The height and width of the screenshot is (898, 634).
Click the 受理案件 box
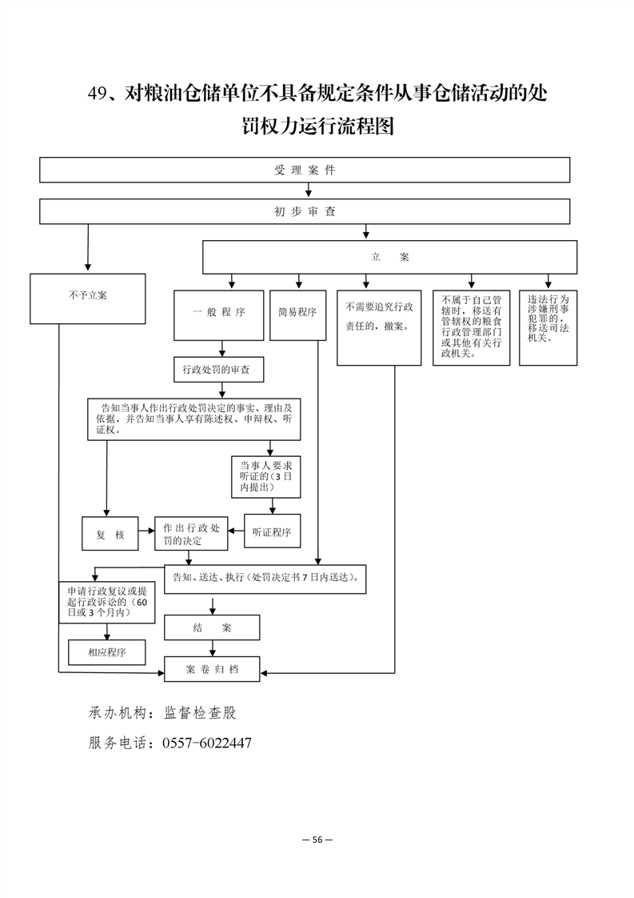305,170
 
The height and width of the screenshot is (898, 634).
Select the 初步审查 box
305,211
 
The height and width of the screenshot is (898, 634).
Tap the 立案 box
389,257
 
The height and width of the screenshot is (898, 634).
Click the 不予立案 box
88,299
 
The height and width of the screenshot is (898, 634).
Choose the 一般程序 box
218,315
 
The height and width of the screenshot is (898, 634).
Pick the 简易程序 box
297,315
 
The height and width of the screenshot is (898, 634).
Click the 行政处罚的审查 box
219,370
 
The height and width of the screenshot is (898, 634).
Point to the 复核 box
110,534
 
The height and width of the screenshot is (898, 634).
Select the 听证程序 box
273,531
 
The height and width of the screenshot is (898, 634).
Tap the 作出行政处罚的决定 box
191,534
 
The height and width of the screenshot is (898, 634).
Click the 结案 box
212,627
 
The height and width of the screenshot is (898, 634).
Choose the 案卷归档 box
212,669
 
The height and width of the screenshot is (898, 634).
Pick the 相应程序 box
107,652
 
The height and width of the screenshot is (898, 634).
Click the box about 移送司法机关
548,327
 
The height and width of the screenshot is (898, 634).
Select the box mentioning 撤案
379,327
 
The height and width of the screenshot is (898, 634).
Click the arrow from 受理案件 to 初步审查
309,190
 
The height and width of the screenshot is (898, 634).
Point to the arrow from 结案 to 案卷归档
213,648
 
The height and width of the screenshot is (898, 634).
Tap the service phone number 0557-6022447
207,743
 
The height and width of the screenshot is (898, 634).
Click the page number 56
317,840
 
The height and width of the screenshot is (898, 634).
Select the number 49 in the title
98,93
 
